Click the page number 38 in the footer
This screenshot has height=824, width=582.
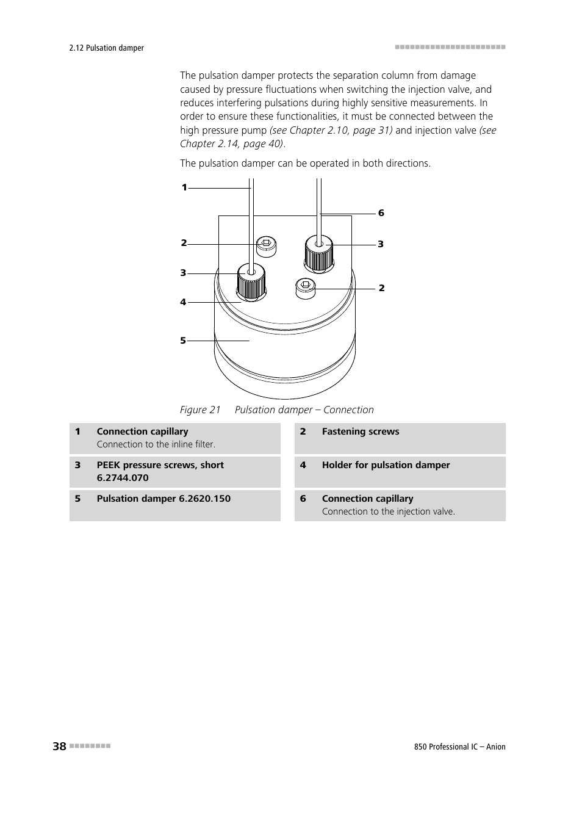[59, 746]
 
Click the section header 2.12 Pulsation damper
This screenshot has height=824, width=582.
[107, 48]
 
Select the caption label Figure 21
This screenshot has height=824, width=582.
[200, 410]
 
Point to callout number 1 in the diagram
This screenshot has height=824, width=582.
[184, 188]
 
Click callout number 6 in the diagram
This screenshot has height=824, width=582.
[381, 213]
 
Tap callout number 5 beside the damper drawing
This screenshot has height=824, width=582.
[182, 341]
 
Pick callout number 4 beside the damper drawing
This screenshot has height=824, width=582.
[182, 302]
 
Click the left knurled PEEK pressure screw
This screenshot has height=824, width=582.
[251, 283]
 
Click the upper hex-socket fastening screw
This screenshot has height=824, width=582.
[266, 245]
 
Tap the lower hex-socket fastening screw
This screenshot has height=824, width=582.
[306, 288]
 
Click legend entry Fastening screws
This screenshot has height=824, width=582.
[360, 432]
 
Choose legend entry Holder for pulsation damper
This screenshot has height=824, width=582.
[386, 465]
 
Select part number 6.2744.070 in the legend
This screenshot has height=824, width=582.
[123, 478]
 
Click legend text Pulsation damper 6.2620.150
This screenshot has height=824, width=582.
[163, 499]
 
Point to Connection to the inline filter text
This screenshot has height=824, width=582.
[156, 444]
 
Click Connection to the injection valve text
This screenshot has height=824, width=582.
[388, 511]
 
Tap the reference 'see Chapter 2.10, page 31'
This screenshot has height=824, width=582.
[331, 130]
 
